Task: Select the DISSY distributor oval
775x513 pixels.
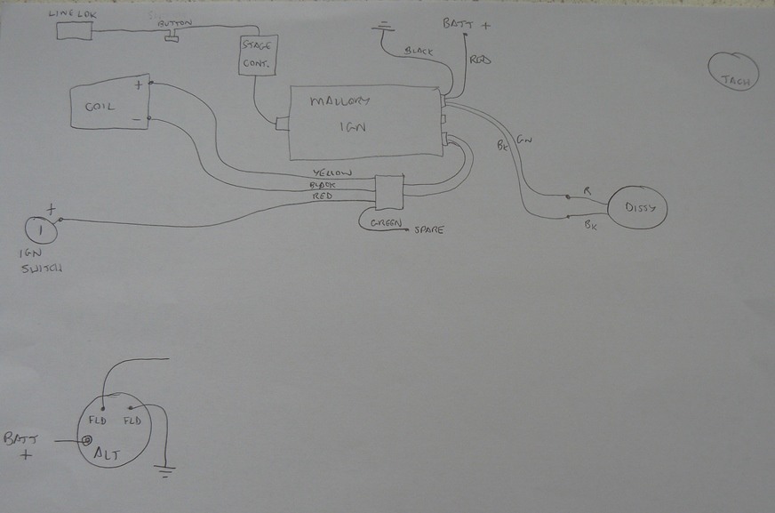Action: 637,208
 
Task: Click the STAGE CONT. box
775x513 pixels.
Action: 259,55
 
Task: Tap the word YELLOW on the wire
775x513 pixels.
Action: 333,172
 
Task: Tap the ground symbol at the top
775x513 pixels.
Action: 383,26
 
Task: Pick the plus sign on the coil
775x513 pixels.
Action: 138,86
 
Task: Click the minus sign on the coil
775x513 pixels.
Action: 137,116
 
